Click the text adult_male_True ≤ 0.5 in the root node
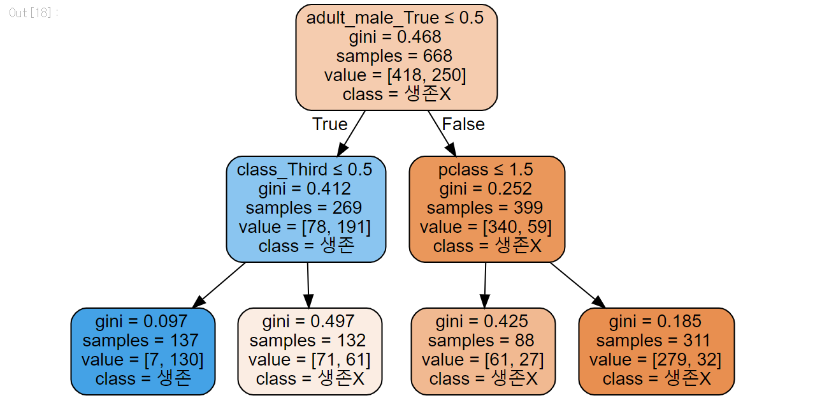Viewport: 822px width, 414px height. point(395,18)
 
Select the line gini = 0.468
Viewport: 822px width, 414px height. point(395,37)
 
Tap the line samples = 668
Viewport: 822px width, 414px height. point(395,56)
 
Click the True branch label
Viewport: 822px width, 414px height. point(329,124)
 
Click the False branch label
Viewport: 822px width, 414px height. point(463,124)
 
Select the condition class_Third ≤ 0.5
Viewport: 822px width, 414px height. point(305,170)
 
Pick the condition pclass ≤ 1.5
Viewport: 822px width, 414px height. point(486,170)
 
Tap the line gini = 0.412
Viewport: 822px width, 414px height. point(305,189)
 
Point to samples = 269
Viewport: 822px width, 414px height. point(304,208)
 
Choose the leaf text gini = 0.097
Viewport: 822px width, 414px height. point(141,321)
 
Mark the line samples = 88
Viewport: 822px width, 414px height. point(482,340)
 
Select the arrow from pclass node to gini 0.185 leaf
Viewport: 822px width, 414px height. point(577,285)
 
